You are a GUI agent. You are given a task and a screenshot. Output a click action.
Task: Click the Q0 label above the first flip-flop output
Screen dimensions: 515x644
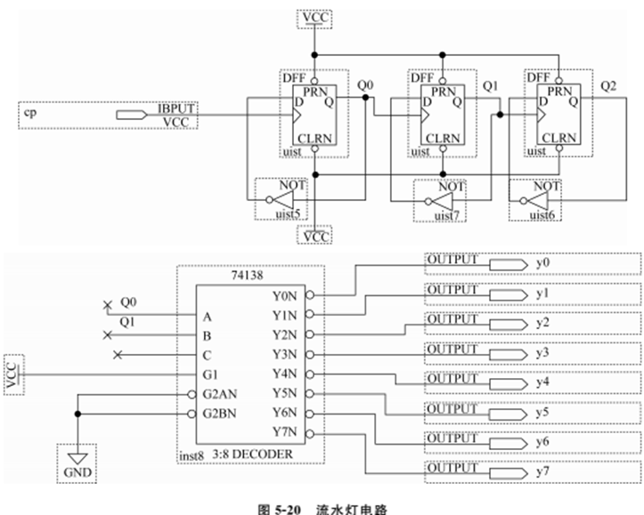(363, 86)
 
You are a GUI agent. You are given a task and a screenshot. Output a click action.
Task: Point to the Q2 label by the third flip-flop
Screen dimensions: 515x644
(608, 85)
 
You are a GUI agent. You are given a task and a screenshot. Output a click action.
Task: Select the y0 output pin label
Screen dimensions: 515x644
(543, 264)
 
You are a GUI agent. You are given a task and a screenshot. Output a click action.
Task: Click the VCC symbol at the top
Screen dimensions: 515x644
(316, 17)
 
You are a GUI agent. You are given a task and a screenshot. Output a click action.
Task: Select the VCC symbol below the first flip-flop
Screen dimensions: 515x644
(316, 237)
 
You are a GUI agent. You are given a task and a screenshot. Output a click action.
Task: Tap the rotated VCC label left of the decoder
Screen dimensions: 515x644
(12, 374)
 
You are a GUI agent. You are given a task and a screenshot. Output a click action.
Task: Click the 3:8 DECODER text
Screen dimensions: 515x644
(254, 454)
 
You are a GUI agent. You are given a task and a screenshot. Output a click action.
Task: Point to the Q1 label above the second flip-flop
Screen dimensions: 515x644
(489, 86)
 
